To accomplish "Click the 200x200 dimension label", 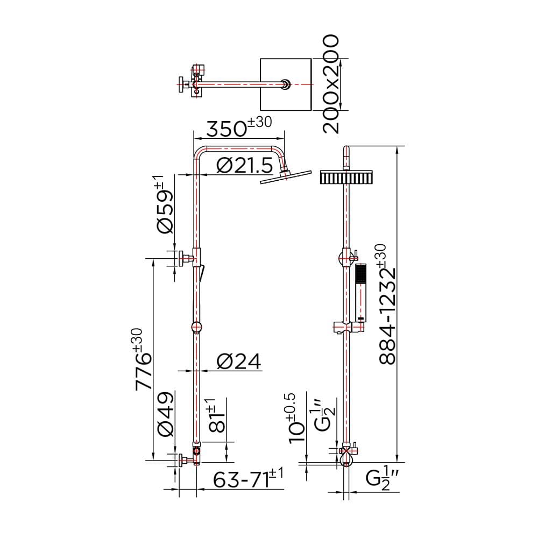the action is pyautogui.click(x=331, y=84).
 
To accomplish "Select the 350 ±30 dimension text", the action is pyautogui.click(x=239, y=128).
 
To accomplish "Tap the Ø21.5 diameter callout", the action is pyautogui.click(x=245, y=166).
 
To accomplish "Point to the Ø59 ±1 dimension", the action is pyautogui.click(x=165, y=204).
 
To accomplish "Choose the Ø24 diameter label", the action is pyautogui.click(x=239, y=362).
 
